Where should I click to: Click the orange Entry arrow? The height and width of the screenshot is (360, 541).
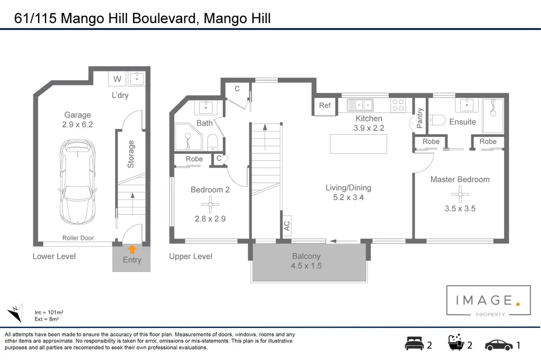click(132, 249)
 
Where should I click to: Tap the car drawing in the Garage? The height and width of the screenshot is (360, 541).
click(78, 182)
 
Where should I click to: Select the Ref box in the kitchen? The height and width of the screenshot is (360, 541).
click(325, 106)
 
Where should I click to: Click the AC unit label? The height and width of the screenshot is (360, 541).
click(287, 226)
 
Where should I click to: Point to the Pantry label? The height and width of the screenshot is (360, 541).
click(420, 118)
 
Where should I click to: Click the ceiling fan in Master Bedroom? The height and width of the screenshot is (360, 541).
click(460, 194)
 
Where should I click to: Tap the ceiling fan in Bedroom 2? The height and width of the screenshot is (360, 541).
click(210, 204)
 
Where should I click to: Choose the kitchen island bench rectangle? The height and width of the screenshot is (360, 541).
click(358, 144)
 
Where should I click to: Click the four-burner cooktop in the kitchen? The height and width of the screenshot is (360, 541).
click(398, 105)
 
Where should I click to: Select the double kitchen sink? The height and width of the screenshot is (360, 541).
click(360, 105)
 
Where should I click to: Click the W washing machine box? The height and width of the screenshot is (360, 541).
click(117, 79)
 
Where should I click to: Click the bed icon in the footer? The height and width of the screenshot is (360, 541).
click(414, 344)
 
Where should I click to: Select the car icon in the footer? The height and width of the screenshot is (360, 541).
click(499, 345)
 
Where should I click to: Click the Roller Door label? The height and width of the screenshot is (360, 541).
click(78, 238)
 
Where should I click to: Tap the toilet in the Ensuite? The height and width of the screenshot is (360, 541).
click(437, 120)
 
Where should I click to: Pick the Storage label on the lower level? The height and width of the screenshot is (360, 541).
click(131, 154)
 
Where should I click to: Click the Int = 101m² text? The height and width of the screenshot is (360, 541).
click(49, 312)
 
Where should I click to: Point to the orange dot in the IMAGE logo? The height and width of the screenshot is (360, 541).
click(518, 304)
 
